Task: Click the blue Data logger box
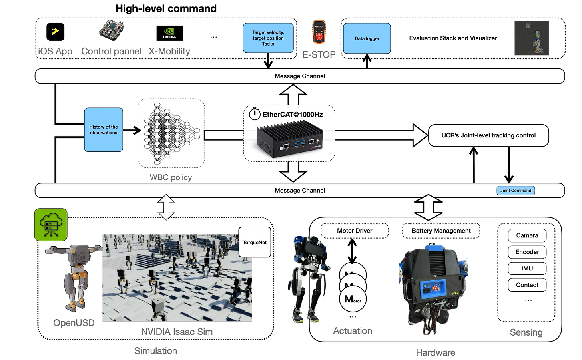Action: [367, 38]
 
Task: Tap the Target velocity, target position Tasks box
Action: [268, 38]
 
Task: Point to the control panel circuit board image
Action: [111, 30]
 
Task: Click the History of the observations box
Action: [104, 130]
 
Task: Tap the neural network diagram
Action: [171, 133]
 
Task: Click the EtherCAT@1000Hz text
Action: [293, 115]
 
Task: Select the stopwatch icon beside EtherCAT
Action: [255, 114]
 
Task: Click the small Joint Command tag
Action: [516, 191]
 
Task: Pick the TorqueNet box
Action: [255, 242]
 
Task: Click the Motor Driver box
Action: [355, 231]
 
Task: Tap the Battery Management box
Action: [441, 231]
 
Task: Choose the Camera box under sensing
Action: [527, 235]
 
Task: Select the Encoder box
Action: [527, 252]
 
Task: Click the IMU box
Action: [527, 269]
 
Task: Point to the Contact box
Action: [527, 285]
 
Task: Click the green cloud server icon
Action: [51, 225]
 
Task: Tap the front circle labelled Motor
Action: [353, 299]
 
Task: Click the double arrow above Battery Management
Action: [429, 207]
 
